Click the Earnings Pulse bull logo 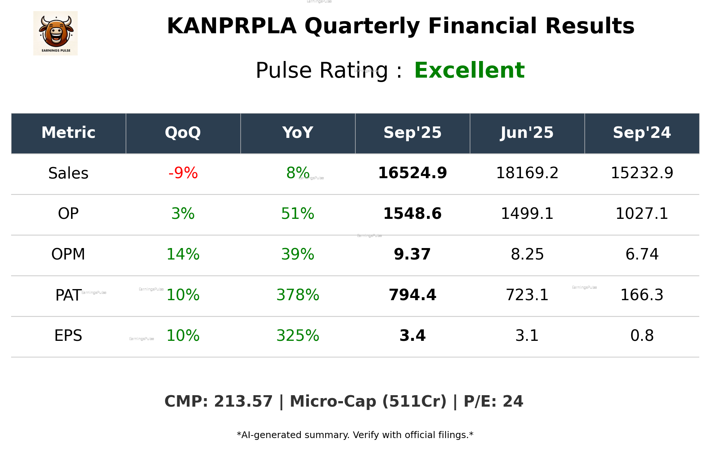[55, 33]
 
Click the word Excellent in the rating [469, 70]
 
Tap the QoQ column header [183, 133]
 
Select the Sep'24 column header [642, 133]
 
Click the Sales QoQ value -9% [183, 173]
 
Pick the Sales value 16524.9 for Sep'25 [412, 173]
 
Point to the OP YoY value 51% [297, 214]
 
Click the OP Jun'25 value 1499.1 [527, 214]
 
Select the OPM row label [68, 254]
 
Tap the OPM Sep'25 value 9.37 [412, 254]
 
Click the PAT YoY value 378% [297, 295]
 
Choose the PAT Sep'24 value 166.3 [642, 295]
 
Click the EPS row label [68, 336]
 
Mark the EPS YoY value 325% [297, 336]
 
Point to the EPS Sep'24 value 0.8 [642, 336]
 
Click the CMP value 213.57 [243, 401]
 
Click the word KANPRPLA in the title [232, 26]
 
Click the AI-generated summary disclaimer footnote [355, 435]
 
